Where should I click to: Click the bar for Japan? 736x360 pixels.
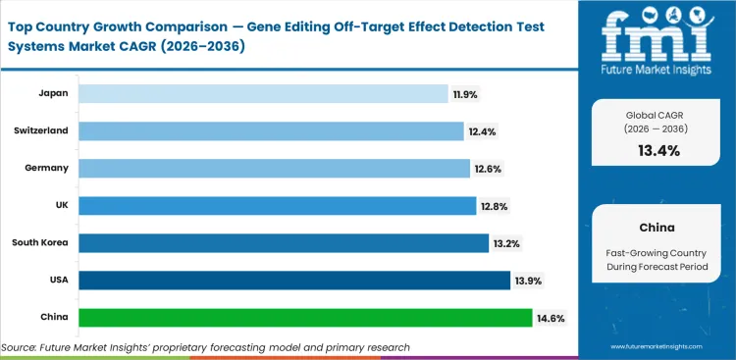click(263, 93)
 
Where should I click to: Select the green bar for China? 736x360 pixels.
click(304, 318)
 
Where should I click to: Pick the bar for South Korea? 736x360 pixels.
click(283, 243)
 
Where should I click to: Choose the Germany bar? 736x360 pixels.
click(274, 168)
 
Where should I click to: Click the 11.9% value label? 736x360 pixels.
click(466, 93)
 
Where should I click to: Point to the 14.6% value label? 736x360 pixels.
click(550, 318)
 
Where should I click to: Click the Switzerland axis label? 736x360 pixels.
click(41, 130)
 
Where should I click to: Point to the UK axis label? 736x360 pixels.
click(60, 206)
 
